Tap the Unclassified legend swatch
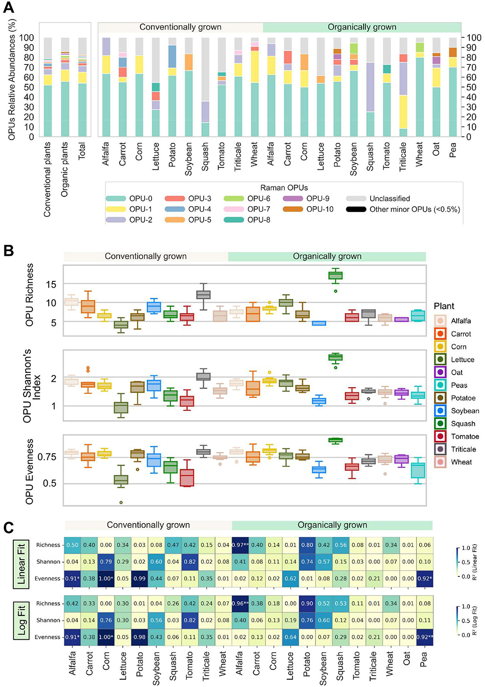[356, 199]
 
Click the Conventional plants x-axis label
[48, 179]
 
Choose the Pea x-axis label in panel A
[453, 150]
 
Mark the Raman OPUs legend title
[284, 188]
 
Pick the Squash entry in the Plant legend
[455, 424]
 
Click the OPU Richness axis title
[30, 295]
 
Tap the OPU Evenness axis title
[30, 471]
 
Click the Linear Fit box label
[21, 562]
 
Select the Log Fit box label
[21, 620]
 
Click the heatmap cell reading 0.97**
[240, 545]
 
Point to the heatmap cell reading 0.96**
[240, 603]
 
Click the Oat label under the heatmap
[407, 658]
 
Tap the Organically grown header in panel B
[327, 257]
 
